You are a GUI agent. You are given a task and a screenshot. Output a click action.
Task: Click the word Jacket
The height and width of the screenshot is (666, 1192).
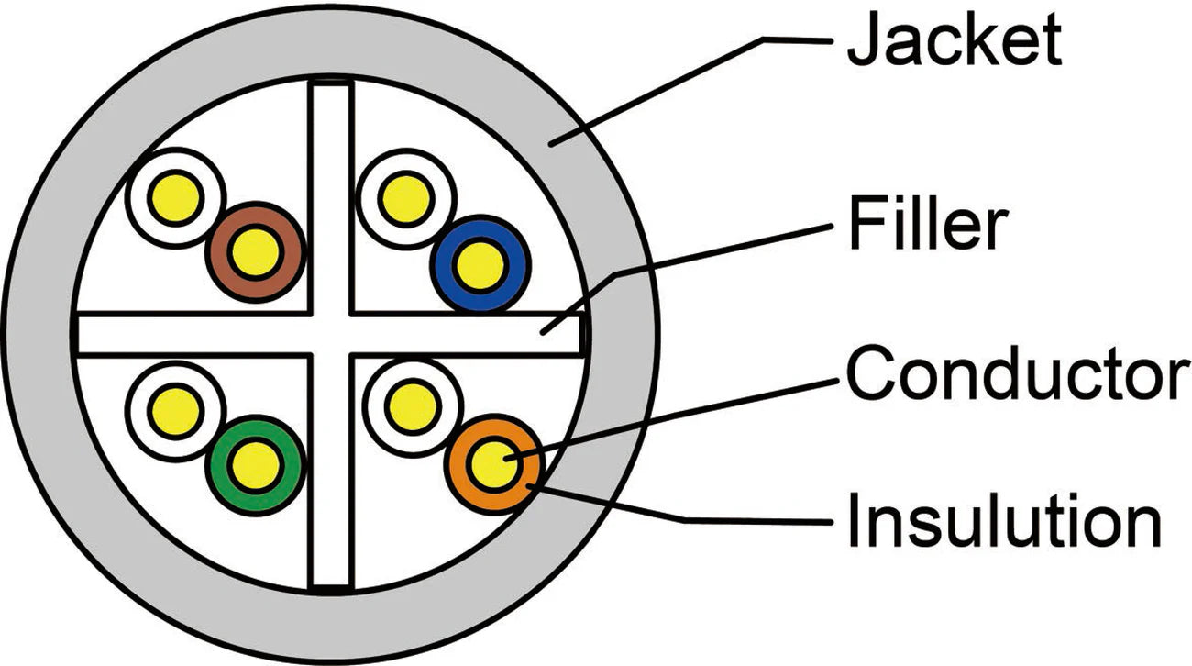(954, 40)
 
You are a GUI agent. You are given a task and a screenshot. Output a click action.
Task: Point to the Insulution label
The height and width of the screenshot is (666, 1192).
(1003, 520)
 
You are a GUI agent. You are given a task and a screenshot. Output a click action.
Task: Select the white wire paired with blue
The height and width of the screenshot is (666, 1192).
(404, 199)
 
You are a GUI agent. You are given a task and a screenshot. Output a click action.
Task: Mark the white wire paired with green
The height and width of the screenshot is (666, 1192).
(175, 405)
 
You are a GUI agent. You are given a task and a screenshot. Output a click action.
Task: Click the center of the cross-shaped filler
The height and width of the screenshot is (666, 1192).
(330, 334)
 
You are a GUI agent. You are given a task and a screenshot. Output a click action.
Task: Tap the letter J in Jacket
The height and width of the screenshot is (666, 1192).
(860, 40)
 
